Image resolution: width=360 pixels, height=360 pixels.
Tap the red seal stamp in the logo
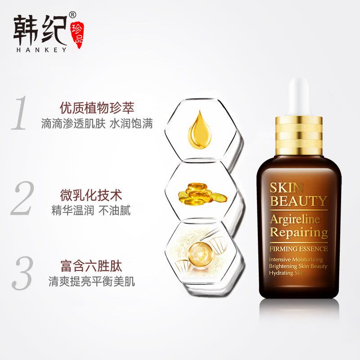pyautogui.click(x=77, y=35)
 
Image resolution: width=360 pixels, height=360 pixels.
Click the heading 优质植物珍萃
pyautogui.click(x=98, y=108)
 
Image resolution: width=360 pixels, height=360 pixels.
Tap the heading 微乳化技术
pyautogui.click(x=91, y=195)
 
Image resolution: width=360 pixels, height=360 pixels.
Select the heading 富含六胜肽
pyautogui.click(x=91, y=267)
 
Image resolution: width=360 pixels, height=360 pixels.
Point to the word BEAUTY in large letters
pyautogui.click(x=298, y=201)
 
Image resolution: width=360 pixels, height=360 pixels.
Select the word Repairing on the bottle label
pyautogui.click(x=299, y=233)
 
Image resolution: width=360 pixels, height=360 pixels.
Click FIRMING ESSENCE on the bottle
pyautogui.click(x=299, y=248)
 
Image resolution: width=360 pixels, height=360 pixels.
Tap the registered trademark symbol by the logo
pyautogui.click(x=73, y=14)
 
